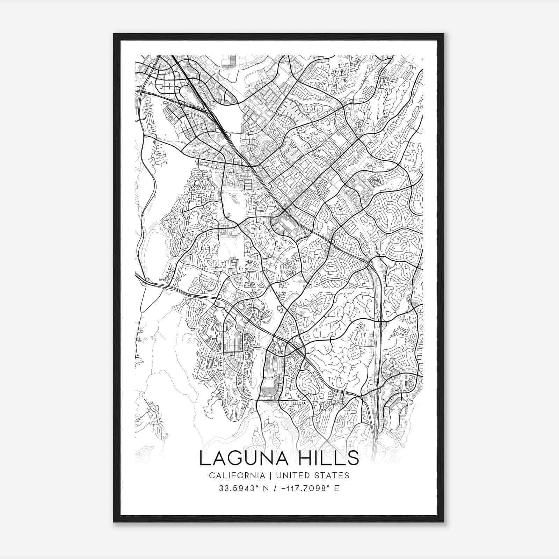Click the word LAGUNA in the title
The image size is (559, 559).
click(244, 458)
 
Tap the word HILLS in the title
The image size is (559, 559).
click(329, 458)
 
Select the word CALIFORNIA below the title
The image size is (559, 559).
click(237, 475)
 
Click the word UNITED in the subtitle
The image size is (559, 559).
click(289, 475)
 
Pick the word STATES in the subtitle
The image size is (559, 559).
click(332, 475)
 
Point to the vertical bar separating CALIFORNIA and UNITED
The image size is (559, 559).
click(269, 475)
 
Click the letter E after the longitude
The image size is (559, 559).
click(337, 488)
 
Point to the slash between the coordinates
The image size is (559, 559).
click(274, 488)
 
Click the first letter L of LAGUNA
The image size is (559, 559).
click(204, 458)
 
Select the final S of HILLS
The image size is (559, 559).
click(354, 458)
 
